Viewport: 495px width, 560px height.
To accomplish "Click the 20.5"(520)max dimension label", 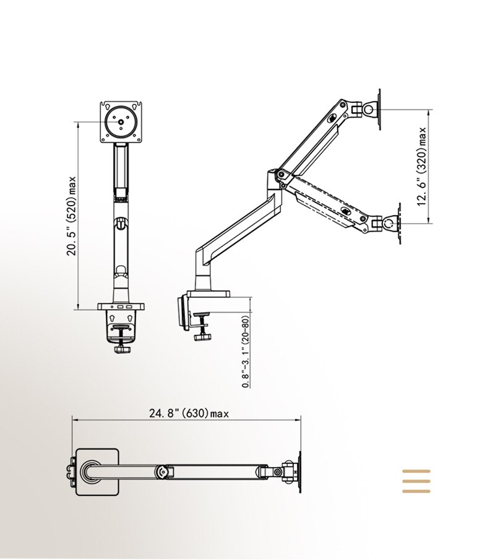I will tap(72, 214).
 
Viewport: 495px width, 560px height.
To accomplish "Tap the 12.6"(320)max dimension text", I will tap(423, 167).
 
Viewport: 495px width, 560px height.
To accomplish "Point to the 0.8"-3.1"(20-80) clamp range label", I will tap(246, 352).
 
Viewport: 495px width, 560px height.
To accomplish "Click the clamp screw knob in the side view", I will tap(201, 337).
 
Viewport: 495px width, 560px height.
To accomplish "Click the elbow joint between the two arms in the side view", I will tap(275, 178).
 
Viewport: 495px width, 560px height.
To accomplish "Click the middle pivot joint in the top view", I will tap(163, 471).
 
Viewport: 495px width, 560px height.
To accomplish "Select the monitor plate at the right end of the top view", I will tap(301, 472).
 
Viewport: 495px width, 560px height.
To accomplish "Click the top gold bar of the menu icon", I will tap(416, 472).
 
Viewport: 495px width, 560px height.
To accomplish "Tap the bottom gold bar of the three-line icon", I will tap(416, 491).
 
